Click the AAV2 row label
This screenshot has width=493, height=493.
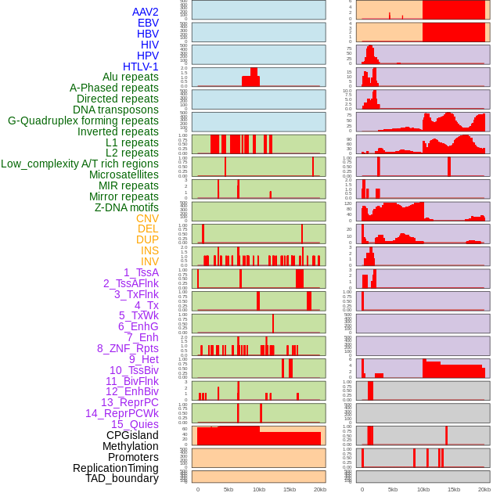click(145, 12)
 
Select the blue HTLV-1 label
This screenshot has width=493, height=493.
click(140, 67)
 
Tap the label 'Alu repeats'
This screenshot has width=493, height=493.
click(130, 77)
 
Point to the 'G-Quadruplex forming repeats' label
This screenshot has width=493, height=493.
click(83, 121)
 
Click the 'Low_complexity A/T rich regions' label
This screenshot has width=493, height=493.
click(80, 164)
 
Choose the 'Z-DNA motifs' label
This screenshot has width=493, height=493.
click(126, 207)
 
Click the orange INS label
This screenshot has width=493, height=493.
click(149, 250)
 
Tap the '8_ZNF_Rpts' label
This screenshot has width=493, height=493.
click(128, 348)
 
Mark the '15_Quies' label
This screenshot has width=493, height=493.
click(134, 424)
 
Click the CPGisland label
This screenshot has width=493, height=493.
click(132, 435)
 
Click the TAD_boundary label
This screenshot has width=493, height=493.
click(121, 478)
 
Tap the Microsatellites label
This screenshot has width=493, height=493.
click(124, 175)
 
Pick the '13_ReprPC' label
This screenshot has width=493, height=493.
click(129, 402)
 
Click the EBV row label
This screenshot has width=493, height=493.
click(148, 23)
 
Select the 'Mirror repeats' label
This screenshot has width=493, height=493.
click(124, 196)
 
